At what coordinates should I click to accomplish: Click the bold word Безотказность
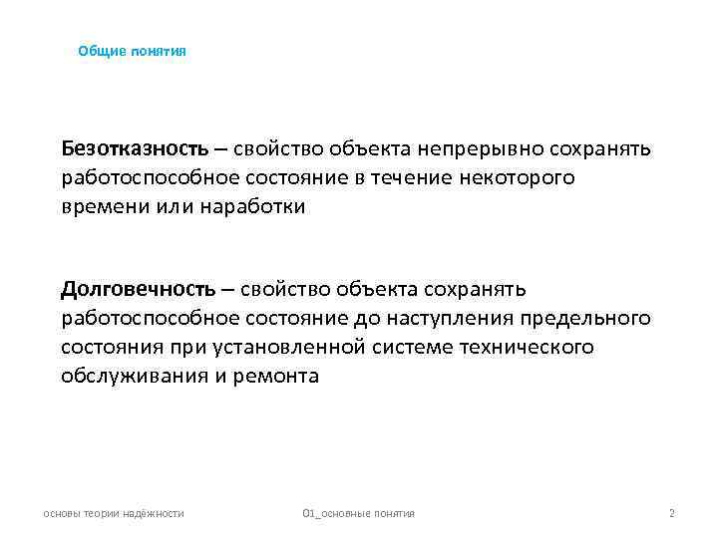(x=135, y=149)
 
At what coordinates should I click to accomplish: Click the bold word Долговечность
(x=138, y=289)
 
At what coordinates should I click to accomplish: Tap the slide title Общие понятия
(x=132, y=50)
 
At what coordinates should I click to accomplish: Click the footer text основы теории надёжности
(x=114, y=513)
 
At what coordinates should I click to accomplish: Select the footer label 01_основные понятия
(x=358, y=513)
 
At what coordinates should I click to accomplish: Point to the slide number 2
(x=672, y=513)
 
